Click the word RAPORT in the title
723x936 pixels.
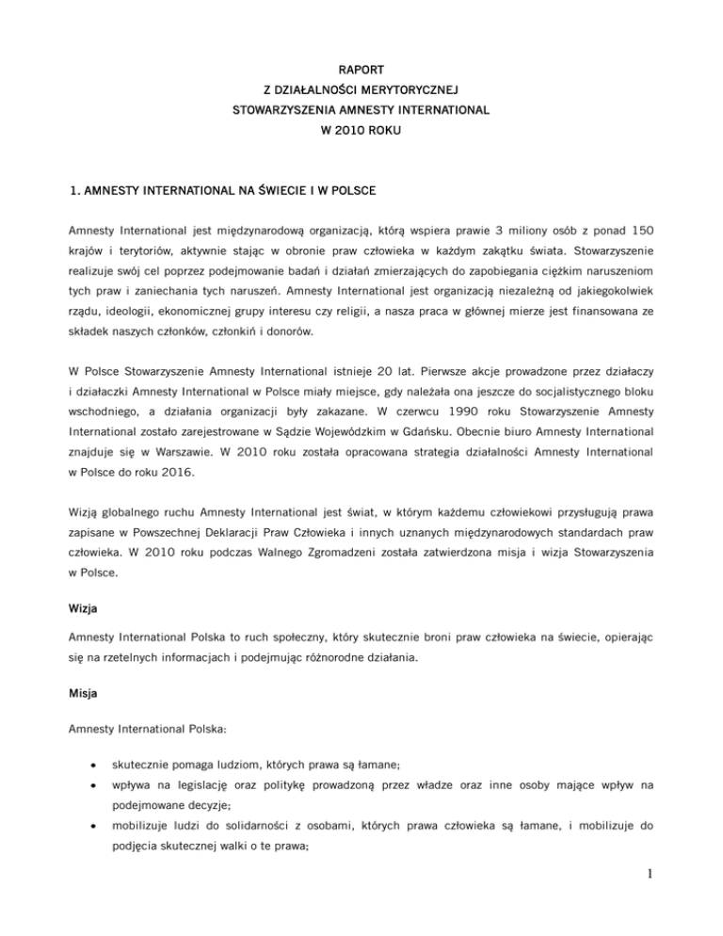point(361,69)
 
